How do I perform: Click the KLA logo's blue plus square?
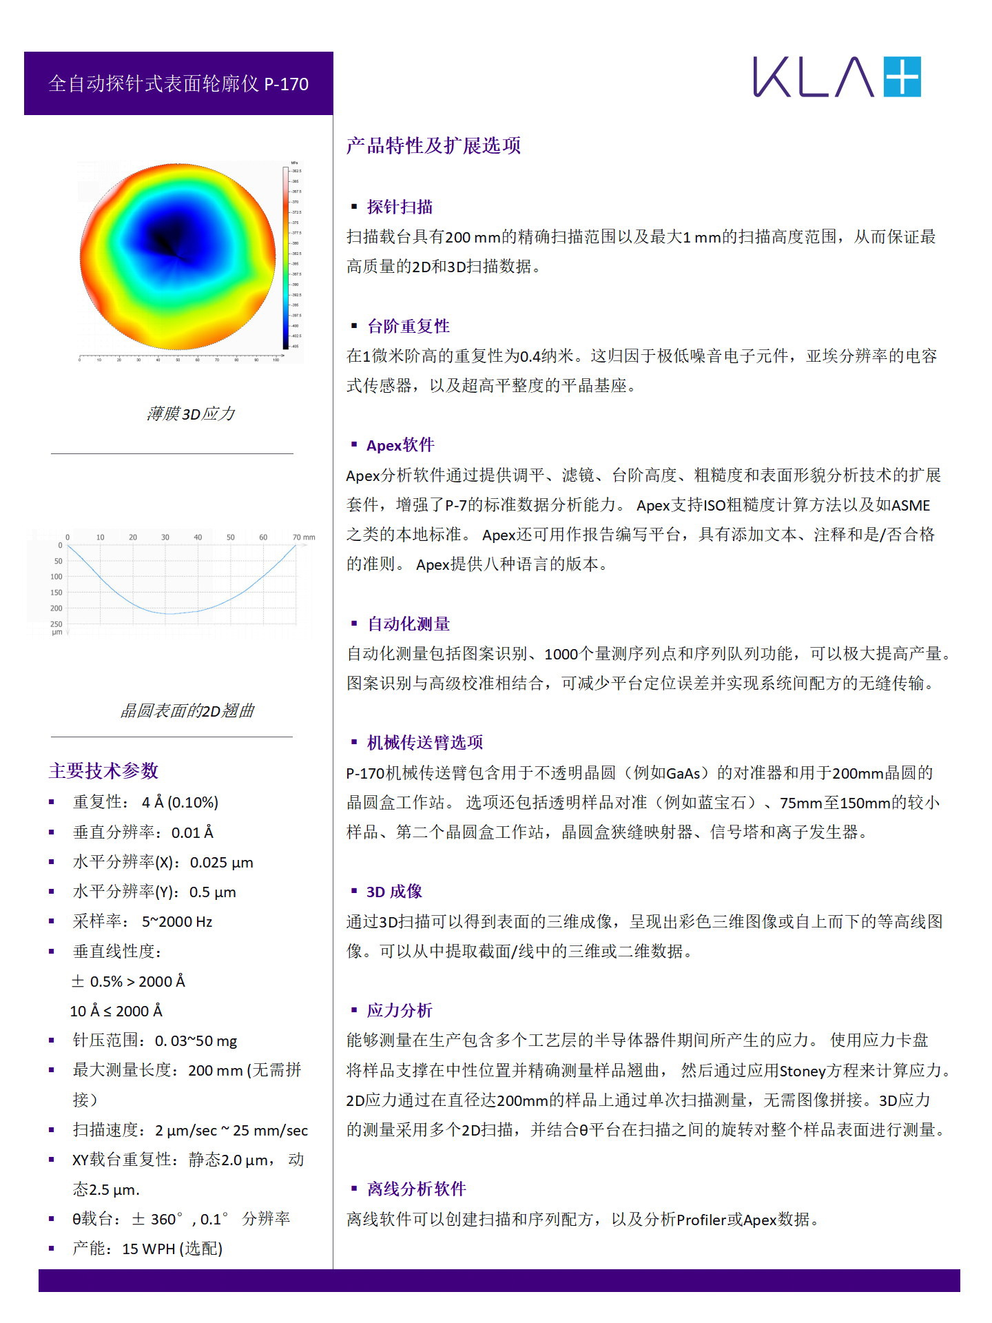coord(902,76)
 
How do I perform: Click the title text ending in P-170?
coord(178,84)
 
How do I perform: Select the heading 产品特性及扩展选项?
coord(433,145)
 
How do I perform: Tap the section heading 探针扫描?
coord(400,207)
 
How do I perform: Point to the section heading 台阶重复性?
coord(408,326)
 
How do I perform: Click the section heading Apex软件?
coord(400,445)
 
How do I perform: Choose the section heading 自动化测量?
coord(408,624)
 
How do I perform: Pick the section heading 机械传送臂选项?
coord(424,742)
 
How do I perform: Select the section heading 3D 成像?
coord(394,891)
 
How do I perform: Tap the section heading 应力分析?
coord(400,1010)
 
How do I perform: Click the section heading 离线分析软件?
coord(416,1189)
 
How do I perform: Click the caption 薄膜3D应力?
coord(191,413)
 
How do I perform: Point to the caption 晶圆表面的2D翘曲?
coord(187,710)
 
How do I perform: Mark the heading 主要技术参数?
coord(103,770)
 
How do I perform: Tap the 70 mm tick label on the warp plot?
coord(303,537)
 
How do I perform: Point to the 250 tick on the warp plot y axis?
coord(56,624)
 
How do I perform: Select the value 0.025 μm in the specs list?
coord(221,862)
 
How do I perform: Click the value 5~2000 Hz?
coord(177,921)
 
